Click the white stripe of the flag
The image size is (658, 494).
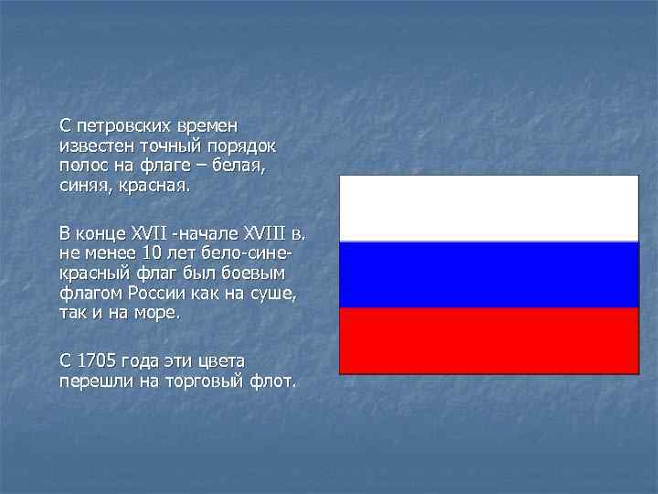click(x=489, y=209)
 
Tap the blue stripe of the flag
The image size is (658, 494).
click(x=489, y=274)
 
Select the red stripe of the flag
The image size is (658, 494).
click(x=489, y=340)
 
